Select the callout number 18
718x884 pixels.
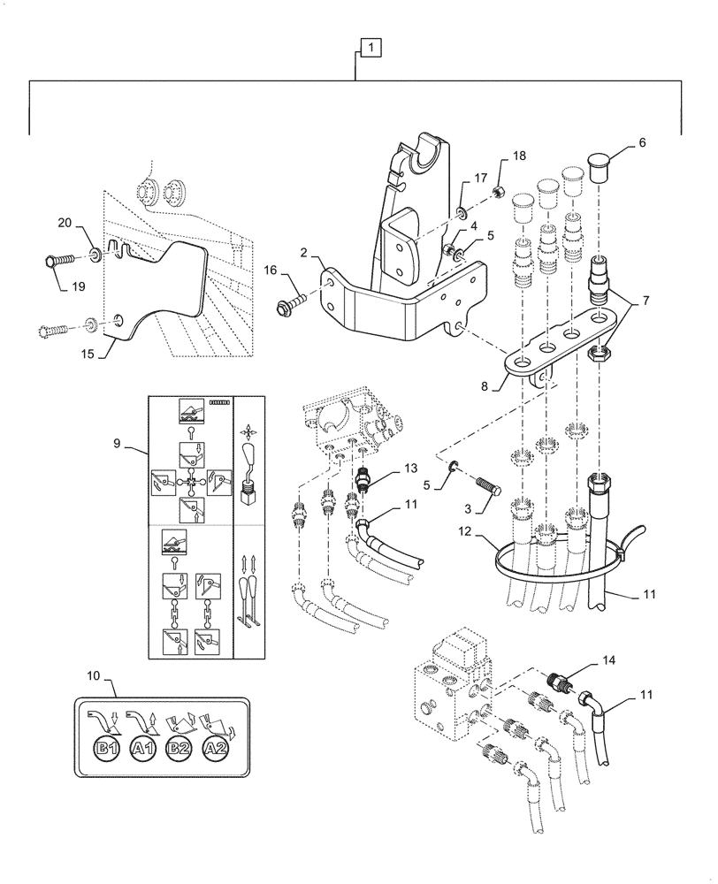click(518, 156)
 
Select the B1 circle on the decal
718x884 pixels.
click(107, 748)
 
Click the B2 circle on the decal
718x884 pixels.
click(179, 748)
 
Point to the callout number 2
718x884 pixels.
click(303, 253)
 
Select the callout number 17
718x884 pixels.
click(481, 179)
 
